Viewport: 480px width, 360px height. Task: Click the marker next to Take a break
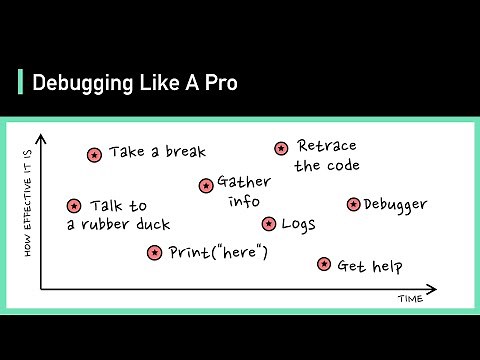tap(94, 155)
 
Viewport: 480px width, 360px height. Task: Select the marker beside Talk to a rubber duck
tap(73, 206)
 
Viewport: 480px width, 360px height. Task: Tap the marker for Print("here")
tap(154, 253)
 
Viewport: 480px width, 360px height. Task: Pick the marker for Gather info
tap(206, 185)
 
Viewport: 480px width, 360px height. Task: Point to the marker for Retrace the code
tap(281, 148)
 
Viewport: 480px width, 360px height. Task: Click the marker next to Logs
tap(268, 224)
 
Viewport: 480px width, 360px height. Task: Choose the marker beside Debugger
tap(353, 204)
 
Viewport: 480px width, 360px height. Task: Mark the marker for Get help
tap(323, 264)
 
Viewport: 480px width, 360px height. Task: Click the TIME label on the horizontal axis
tap(411, 300)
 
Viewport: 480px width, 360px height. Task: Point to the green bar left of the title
tap(21, 81)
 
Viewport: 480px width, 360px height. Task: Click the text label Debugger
tap(395, 205)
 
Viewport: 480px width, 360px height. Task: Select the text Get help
tap(370, 266)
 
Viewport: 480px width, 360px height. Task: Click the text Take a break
tap(157, 152)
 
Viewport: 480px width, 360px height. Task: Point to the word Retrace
tap(328, 147)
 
